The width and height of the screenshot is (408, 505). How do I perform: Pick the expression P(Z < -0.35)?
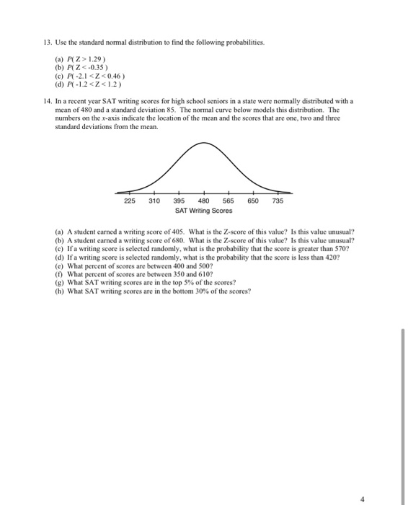coord(85,65)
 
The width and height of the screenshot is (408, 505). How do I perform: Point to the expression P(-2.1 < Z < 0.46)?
coord(91,74)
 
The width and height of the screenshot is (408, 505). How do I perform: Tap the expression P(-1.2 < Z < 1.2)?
coord(90,84)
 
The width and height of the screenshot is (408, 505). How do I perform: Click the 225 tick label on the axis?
coord(129,201)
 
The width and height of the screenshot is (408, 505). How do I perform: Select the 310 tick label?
coord(154,201)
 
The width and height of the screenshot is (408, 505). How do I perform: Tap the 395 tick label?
coord(179,201)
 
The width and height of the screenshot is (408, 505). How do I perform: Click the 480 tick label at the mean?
coord(204,201)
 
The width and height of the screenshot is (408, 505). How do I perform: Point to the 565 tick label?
coord(229,201)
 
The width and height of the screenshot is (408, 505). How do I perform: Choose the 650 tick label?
coord(253,201)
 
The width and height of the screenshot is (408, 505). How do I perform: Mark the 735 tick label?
coord(278,201)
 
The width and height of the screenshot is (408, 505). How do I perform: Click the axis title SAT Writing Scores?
coord(204,211)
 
